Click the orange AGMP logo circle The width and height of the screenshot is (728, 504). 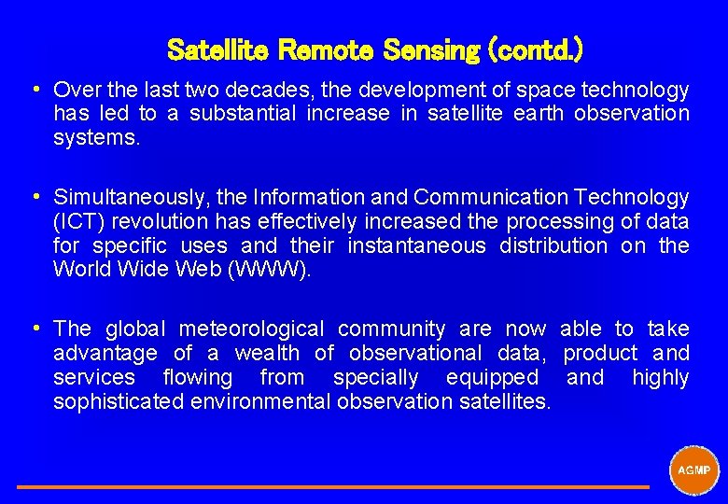693,469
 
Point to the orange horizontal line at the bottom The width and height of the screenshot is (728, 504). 332,486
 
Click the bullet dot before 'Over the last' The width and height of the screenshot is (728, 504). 34,90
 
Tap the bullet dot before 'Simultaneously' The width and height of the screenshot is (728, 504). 34,197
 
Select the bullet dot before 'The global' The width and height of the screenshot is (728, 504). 34,329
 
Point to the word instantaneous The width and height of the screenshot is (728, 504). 417,245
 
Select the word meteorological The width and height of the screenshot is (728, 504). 252,329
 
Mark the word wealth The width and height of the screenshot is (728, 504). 267,353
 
